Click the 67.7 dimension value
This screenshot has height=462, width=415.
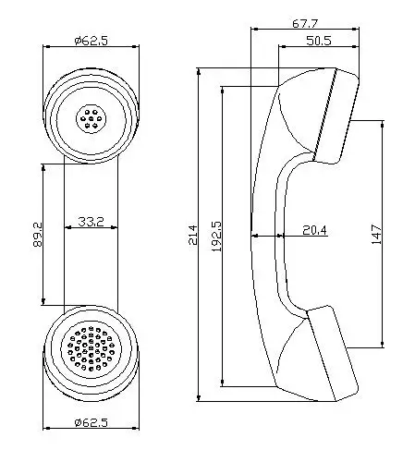click(x=304, y=23)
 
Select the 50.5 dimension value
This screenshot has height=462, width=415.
click(x=319, y=41)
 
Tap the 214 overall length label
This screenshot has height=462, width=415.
click(x=193, y=235)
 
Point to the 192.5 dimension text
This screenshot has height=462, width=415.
click(x=216, y=236)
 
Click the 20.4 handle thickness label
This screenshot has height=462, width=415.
click(x=314, y=230)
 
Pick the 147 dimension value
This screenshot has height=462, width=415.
click(x=376, y=235)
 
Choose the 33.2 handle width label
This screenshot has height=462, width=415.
click(x=91, y=222)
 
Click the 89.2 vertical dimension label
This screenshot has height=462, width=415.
click(x=38, y=235)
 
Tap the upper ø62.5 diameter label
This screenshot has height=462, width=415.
click(x=92, y=41)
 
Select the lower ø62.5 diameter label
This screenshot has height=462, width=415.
click(x=92, y=422)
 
